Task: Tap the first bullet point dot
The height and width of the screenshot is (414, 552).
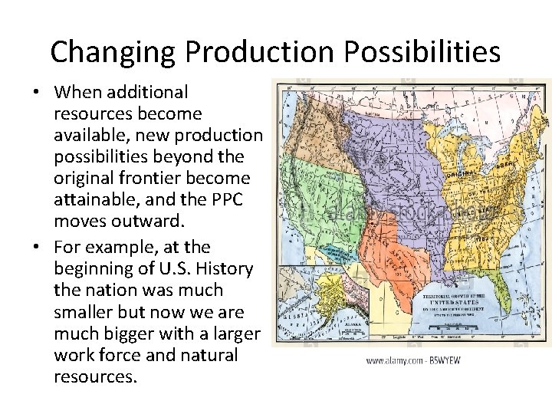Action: pyautogui.click(x=37, y=93)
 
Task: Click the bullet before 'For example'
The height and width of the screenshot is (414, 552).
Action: pyautogui.click(x=37, y=248)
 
